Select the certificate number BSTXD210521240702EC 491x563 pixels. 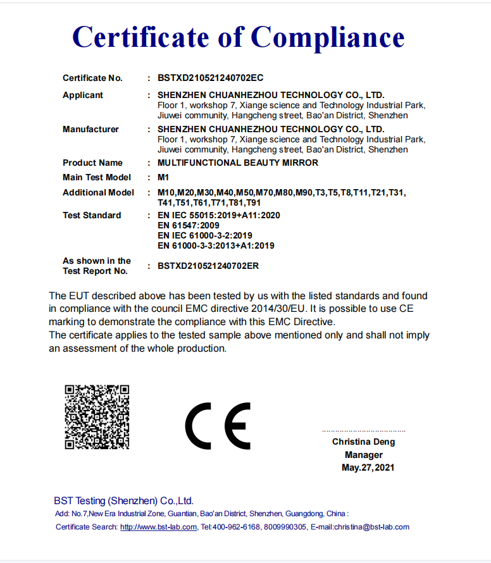[210, 78]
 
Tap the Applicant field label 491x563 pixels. [83, 95]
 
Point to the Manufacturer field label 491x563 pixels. [90, 129]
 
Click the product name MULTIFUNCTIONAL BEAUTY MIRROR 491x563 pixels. [237, 163]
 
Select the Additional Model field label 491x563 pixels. [98, 192]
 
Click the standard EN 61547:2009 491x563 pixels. [188, 225]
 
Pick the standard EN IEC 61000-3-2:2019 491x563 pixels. [204, 235]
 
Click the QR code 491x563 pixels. [97, 417]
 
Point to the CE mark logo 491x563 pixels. [218, 425]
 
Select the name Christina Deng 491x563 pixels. [363, 442]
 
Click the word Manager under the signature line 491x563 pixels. [363, 455]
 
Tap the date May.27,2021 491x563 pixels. [368, 468]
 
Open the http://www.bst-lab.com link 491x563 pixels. [158, 527]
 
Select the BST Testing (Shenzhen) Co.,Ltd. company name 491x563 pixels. [123, 500]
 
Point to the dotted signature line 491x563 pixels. [363, 431]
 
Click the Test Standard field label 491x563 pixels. [92, 215]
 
